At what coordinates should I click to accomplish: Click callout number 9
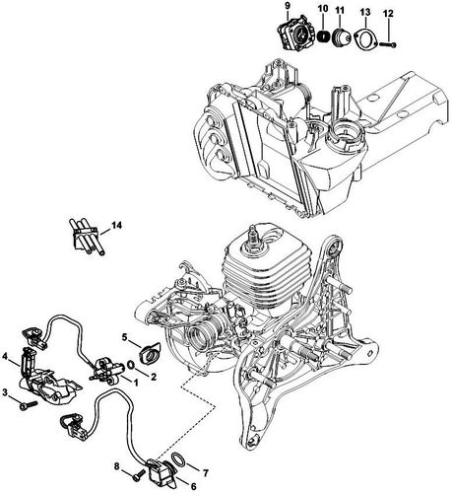286,6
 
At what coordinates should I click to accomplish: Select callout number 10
322,9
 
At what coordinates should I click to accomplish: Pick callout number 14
117,226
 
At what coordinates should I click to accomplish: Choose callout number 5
125,337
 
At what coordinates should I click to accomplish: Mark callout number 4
6,356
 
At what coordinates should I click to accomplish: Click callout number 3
5,393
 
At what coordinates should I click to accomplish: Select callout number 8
116,464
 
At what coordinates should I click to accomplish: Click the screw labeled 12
390,43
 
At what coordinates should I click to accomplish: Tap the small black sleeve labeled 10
322,37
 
